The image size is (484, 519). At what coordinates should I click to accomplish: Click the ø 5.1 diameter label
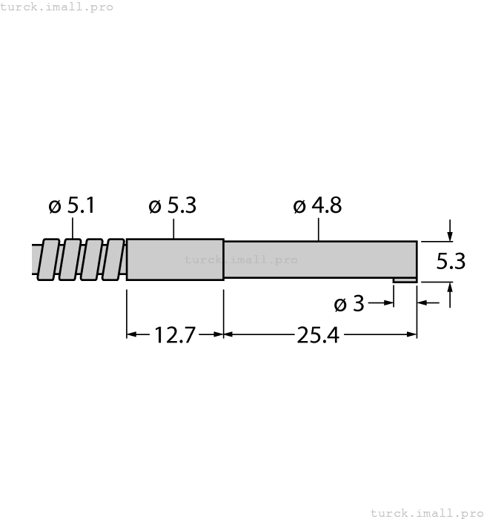pos(72,206)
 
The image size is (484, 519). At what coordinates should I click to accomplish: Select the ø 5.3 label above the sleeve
pos(172,206)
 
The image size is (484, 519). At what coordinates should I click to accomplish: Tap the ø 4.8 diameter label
pos(317,206)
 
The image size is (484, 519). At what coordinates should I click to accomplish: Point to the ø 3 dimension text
pos(348,304)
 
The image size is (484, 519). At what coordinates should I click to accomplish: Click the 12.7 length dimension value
pos(175,335)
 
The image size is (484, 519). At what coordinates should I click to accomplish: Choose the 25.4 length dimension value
pos(318,335)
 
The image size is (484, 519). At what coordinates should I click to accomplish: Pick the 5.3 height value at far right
pos(451,262)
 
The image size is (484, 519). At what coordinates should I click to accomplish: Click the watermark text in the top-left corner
pos(57,7)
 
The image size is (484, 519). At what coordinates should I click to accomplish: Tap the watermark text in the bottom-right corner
pos(426,512)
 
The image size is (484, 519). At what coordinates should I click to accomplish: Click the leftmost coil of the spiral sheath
pos(50,259)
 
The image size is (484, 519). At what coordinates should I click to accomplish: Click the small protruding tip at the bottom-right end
pos(405,280)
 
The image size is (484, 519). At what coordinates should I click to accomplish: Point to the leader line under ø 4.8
pos(319,230)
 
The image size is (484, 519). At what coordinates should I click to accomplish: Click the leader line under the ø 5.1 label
pos(73,229)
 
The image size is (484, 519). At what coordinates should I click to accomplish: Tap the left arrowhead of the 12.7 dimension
pos(132,334)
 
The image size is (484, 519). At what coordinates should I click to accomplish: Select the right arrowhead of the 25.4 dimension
pos(412,334)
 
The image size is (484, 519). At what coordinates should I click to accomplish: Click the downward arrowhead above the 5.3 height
pos(449,236)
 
